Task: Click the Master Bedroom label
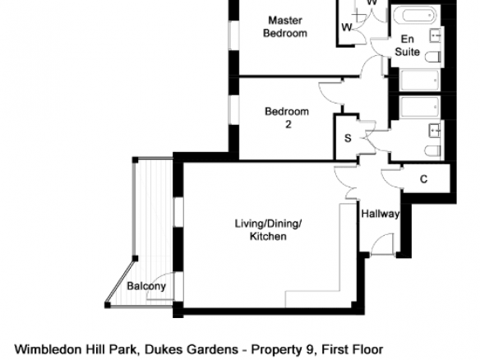285,27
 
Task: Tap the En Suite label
407,45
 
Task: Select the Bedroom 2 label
287,118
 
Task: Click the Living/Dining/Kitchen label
268,230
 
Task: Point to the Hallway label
381,214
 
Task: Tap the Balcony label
146,286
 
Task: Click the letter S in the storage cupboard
348,138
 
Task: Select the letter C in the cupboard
423,179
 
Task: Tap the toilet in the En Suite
433,57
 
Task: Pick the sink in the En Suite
436,36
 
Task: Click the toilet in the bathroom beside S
433,151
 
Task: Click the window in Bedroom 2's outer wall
234,110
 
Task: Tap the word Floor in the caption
368,349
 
